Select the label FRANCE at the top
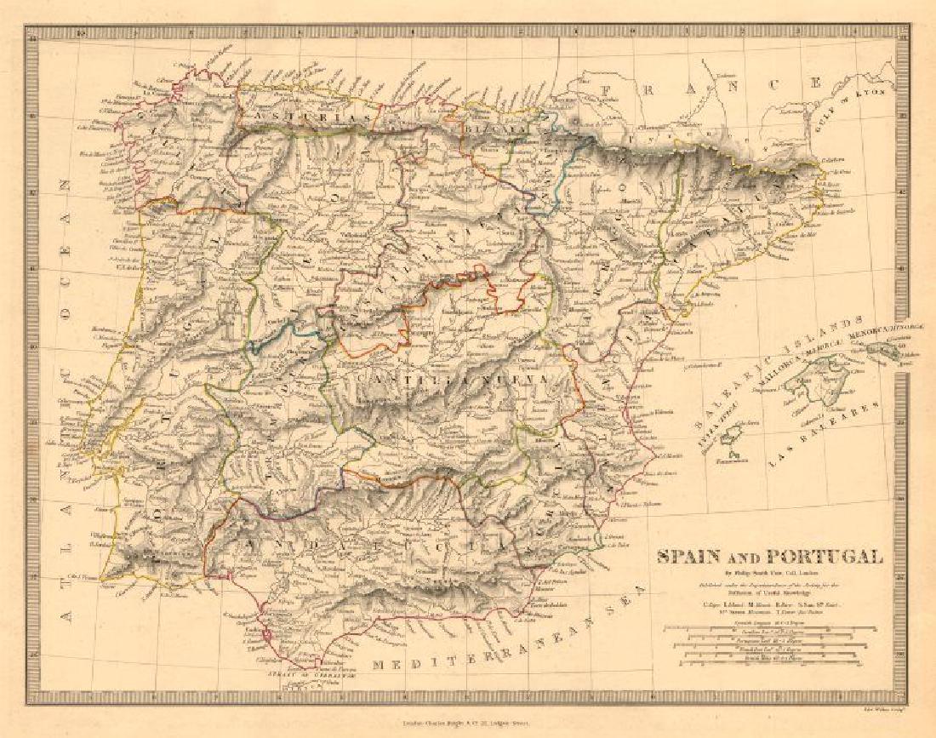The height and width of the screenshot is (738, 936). [710, 84]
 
